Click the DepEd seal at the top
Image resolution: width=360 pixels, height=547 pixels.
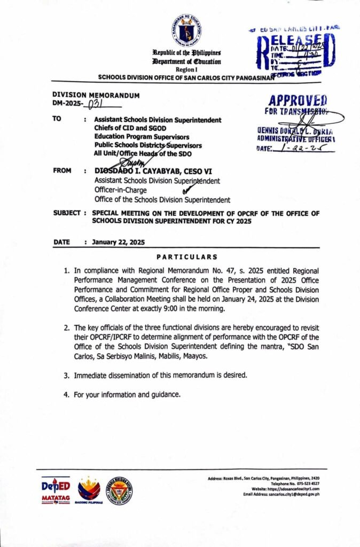186,30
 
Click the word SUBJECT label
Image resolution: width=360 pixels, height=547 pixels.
66,213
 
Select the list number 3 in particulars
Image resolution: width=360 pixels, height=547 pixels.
66,375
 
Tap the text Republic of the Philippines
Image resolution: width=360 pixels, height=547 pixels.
186,54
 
